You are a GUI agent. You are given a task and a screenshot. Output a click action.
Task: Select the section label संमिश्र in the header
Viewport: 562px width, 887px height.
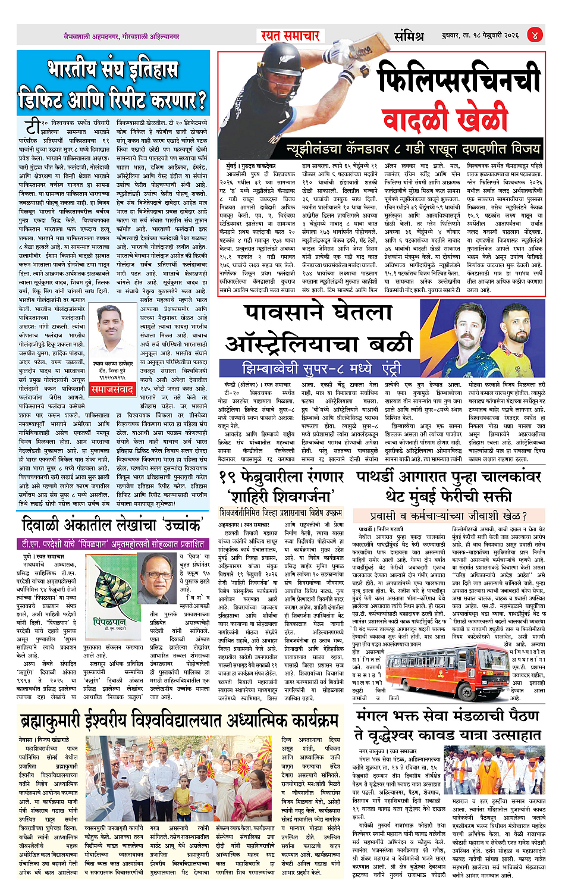click(409, 36)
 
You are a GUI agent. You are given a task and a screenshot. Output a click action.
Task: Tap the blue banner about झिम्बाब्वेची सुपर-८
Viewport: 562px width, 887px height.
click(321, 368)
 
